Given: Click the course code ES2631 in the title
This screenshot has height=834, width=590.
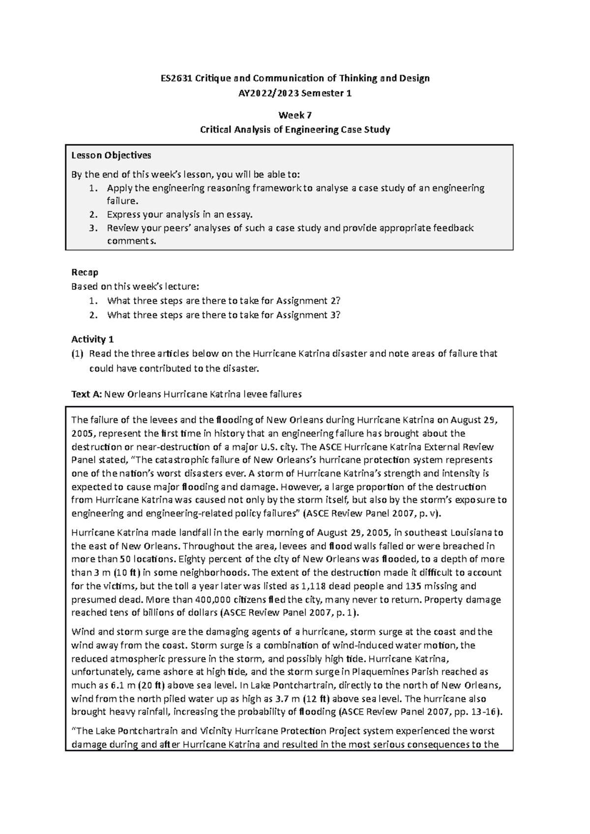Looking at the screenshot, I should (175, 78).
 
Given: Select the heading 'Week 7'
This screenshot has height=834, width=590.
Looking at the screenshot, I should (295, 115).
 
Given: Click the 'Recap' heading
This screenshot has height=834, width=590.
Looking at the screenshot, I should (85, 272).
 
